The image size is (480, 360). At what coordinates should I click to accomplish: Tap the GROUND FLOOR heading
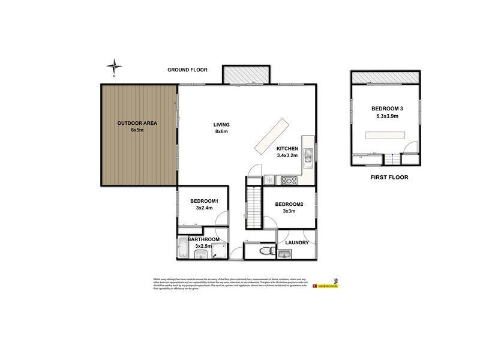coord(187,70)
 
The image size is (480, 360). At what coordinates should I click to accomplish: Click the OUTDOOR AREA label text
coord(137,123)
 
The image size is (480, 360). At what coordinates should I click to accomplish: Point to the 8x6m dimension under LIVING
coord(221,132)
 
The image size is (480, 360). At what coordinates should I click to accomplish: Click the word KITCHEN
coord(287,149)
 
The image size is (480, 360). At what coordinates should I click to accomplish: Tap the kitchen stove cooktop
coord(290,179)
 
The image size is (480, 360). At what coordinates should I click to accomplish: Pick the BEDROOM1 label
coord(204,201)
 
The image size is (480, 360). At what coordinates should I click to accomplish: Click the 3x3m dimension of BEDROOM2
coord(289,211)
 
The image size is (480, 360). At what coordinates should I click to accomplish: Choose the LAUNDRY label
coord(297,243)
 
